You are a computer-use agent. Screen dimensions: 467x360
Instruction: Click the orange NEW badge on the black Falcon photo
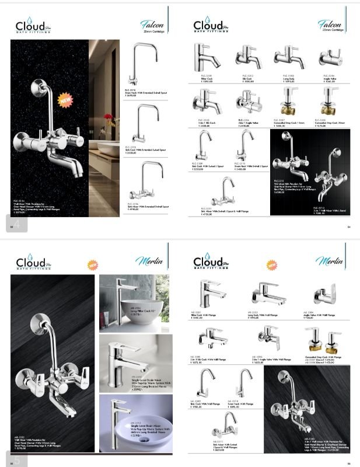pos(64,101)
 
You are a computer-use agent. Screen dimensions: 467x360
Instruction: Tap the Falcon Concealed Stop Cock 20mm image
pos(326,106)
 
